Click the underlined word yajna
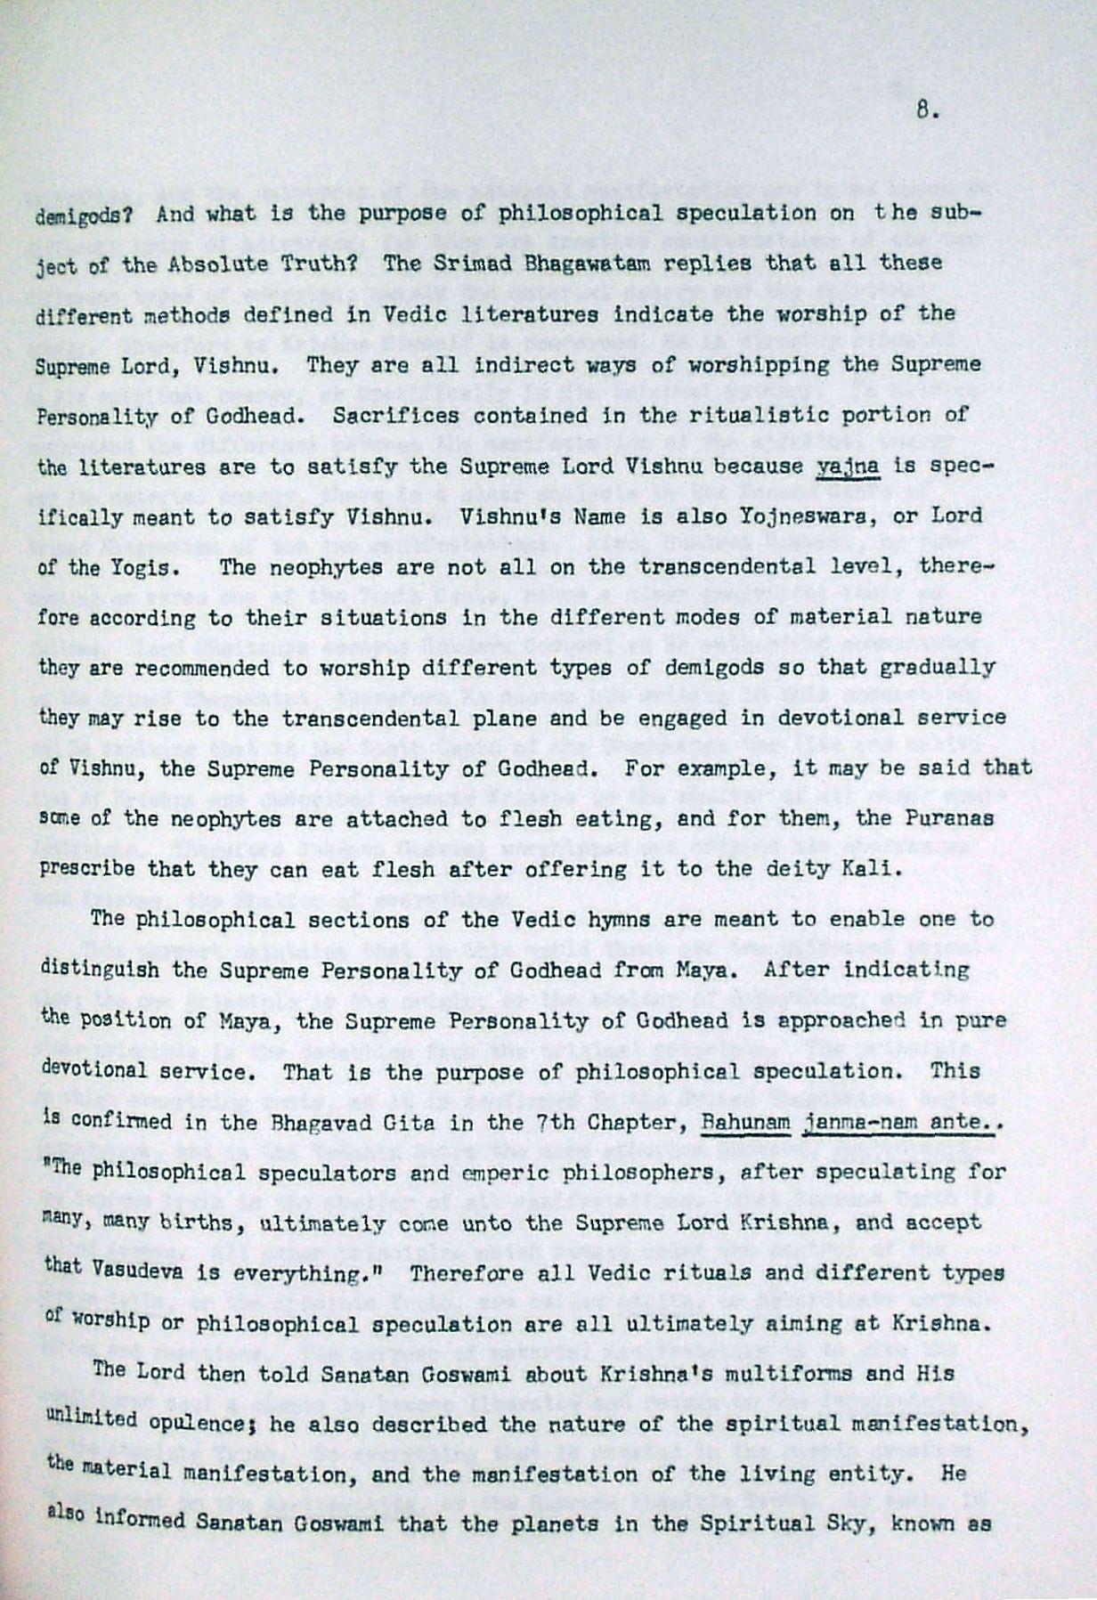coord(848,466)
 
